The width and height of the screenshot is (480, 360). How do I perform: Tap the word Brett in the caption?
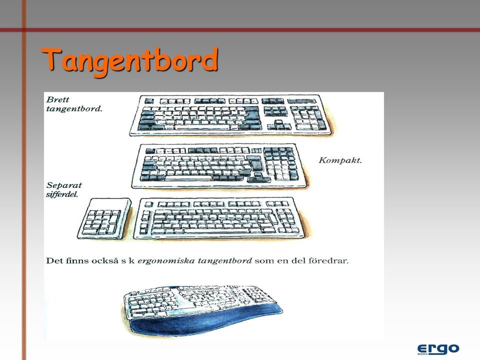[x=57, y=99]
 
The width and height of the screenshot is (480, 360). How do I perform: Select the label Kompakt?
[x=340, y=160]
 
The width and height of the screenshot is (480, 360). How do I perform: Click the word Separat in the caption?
[x=64, y=185]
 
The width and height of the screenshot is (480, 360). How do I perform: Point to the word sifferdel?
[x=62, y=194]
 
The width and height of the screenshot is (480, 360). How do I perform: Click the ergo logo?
[x=438, y=349]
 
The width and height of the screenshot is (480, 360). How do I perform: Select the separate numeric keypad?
[x=104, y=218]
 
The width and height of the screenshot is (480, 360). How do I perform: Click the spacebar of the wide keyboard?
[x=201, y=127]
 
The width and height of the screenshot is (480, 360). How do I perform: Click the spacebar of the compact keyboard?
[x=188, y=178]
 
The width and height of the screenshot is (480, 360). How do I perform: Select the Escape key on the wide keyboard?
[x=149, y=100]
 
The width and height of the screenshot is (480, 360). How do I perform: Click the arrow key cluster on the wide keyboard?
[x=279, y=125]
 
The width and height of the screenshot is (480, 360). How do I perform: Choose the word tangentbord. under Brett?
[x=74, y=109]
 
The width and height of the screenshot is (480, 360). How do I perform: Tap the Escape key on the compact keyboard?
[x=150, y=151]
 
